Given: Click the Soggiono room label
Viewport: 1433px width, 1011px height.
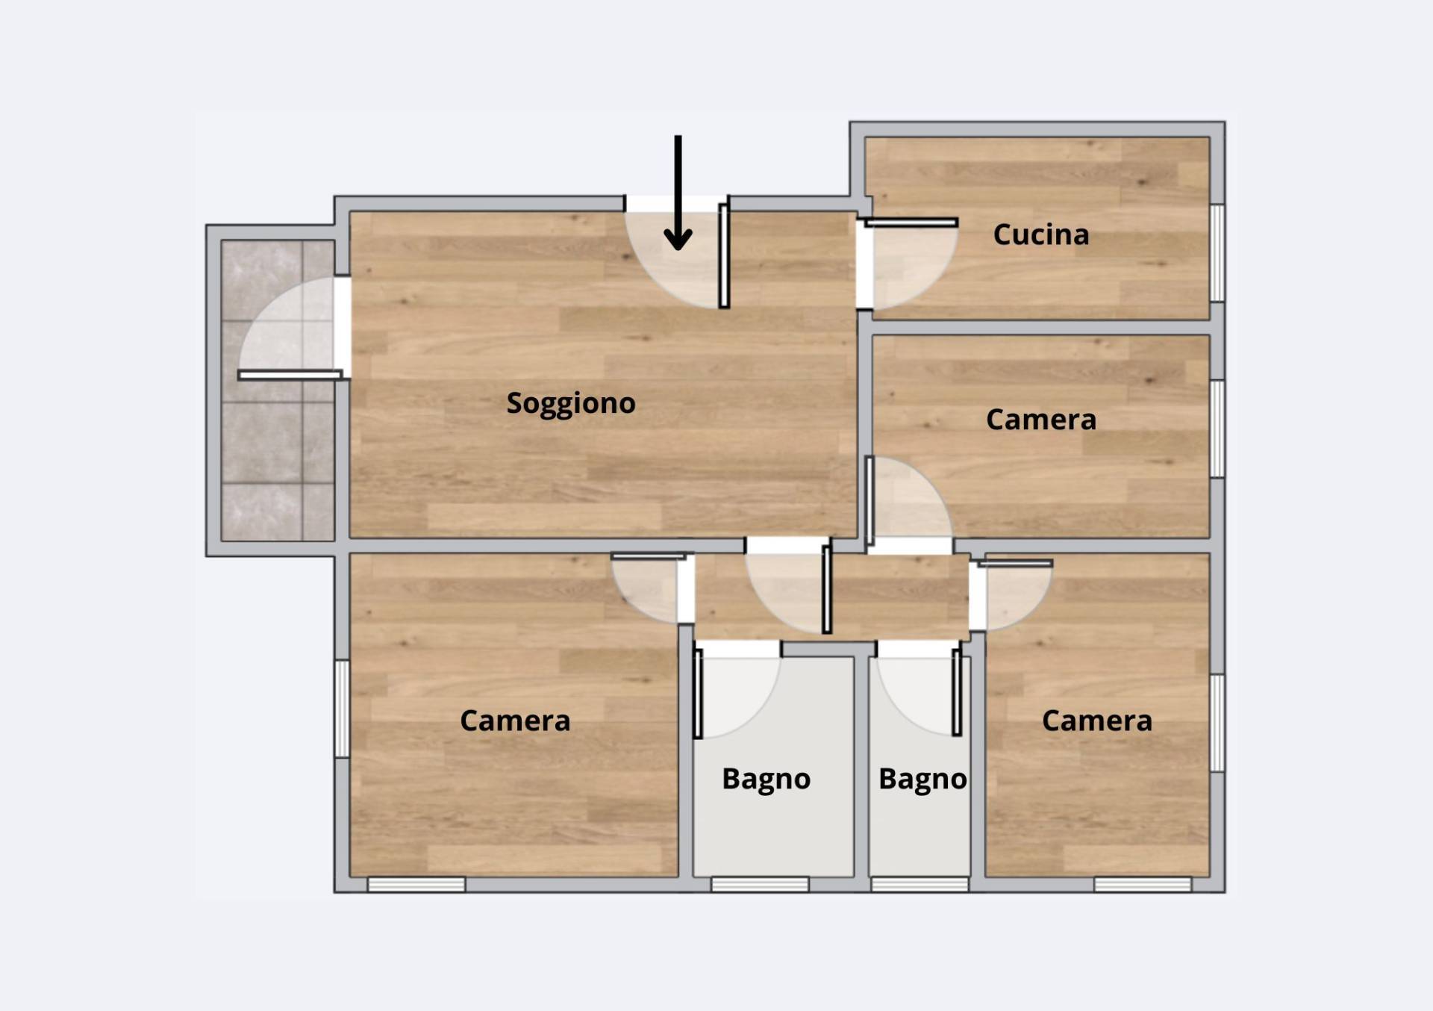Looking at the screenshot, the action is pos(571,403).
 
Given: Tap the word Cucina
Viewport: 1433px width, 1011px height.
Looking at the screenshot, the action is pos(1041,234).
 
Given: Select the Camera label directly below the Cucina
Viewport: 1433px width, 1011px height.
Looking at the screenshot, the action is pos(1041,420).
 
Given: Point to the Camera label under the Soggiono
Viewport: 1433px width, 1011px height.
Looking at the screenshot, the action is pos(515,721).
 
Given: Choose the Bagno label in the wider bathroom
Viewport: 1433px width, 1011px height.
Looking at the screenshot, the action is pos(766,780).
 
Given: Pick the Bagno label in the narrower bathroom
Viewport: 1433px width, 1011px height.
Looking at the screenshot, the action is pos(922,780).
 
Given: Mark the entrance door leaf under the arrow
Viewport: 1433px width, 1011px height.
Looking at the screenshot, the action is pos(724,256).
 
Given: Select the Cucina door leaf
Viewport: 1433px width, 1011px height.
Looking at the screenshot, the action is pos(911,223).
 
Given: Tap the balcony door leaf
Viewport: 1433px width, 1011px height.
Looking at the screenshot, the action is pos(290,375).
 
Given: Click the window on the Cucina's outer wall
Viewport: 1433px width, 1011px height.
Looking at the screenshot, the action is pos(1217,252).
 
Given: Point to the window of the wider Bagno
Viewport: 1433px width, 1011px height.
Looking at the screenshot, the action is pos(760,884).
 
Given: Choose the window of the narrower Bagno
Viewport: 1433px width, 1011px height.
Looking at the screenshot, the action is pos(920,884).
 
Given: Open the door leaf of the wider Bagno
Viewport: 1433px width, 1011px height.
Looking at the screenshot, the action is pos(698,694).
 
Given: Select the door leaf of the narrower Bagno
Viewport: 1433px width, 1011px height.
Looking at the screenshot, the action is pos(957,692).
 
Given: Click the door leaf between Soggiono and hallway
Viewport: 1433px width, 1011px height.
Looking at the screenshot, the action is pos(826,589).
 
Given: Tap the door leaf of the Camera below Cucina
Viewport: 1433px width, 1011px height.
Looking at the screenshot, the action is pos(870,501).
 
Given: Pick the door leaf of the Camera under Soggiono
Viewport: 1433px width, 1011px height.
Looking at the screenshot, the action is pos(649,556).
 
